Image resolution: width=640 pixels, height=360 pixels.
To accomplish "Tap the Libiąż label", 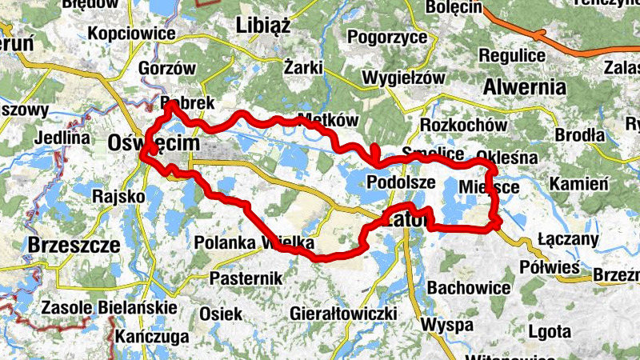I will (262, 26).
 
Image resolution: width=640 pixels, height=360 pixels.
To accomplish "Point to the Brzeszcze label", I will (74, 244).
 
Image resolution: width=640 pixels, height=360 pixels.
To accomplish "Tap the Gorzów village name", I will (167, 68).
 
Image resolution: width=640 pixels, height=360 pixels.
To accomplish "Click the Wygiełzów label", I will (403, 78).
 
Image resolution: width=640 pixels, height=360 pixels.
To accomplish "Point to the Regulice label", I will (512, 55).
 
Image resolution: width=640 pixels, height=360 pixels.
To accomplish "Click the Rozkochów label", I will (464, 126).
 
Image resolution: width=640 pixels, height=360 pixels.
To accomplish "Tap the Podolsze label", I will (400, 182).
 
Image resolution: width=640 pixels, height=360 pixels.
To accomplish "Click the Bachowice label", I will (470, 286).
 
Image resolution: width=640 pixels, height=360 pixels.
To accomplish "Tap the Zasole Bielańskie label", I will (108, 307).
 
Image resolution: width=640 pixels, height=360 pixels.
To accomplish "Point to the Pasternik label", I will (246, 278).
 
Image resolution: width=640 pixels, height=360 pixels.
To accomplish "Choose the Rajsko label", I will (118, 195).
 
